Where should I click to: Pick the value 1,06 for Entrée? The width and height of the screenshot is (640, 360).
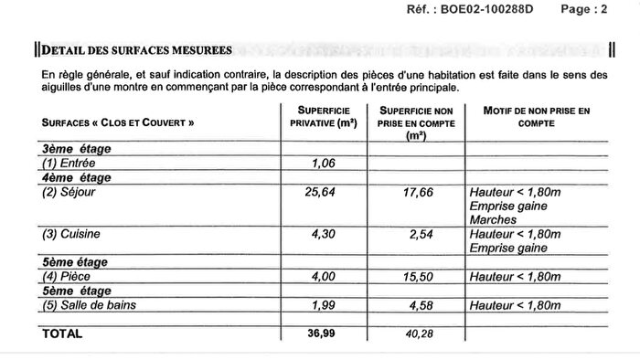(x=325, y=164)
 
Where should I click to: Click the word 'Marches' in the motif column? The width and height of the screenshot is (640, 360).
(x=492, y=220)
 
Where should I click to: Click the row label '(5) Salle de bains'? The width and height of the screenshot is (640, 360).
(x=85, y=304)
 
